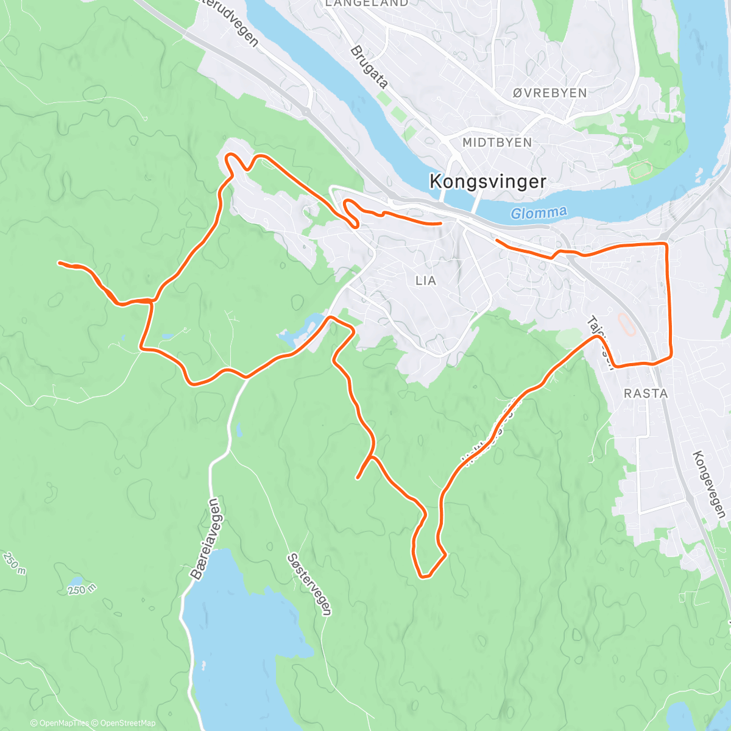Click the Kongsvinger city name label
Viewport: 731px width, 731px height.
[487, 182]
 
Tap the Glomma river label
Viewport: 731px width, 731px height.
[539, 213]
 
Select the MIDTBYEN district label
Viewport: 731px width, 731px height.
[497, 143]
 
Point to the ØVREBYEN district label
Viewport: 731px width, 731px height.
[549, 93]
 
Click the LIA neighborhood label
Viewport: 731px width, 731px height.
[426, 281]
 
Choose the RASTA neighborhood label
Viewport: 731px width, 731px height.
[646, 394]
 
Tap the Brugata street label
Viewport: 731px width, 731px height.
[369, 67]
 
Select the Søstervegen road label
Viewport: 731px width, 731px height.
[311, 584]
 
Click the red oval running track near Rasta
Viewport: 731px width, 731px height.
[627, 325]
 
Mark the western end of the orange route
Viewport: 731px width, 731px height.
[59, 263]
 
